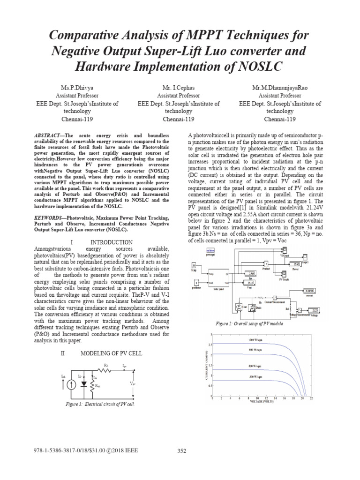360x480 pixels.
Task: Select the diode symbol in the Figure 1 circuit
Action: [x=84, y=383]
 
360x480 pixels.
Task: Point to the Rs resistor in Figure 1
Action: [x=105, y=369]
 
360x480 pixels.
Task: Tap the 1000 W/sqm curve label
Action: [x=256, y=339]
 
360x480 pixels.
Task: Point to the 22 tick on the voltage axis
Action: [x=311, y=397]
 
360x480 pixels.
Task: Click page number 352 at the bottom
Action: [x=183, y=451]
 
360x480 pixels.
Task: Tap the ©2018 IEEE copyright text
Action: [x=124, y=450]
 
